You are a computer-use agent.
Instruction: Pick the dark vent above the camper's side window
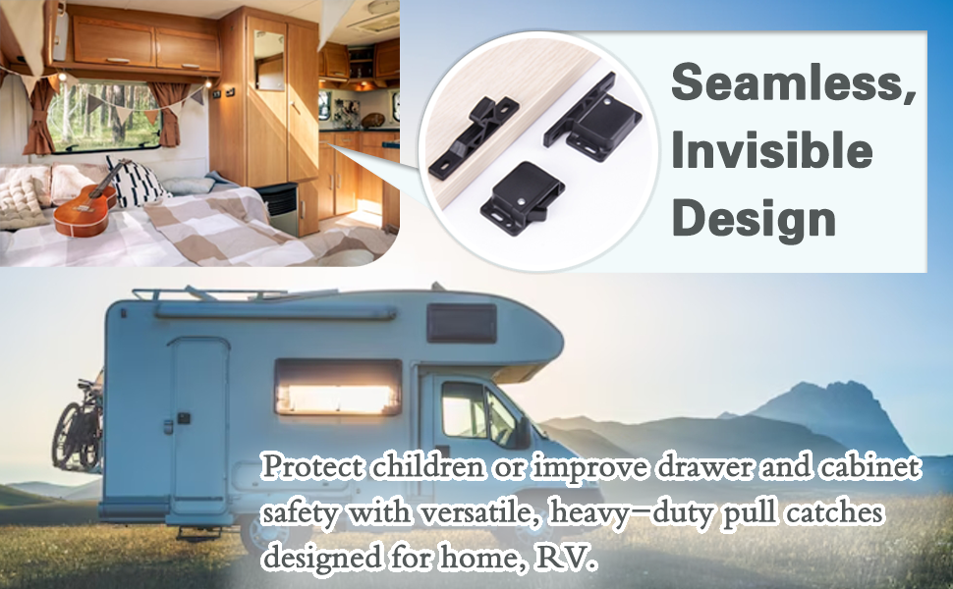point(461,322)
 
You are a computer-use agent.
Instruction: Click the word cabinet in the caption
point(869,468)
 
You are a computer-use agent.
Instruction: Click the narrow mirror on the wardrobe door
point(269,63)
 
